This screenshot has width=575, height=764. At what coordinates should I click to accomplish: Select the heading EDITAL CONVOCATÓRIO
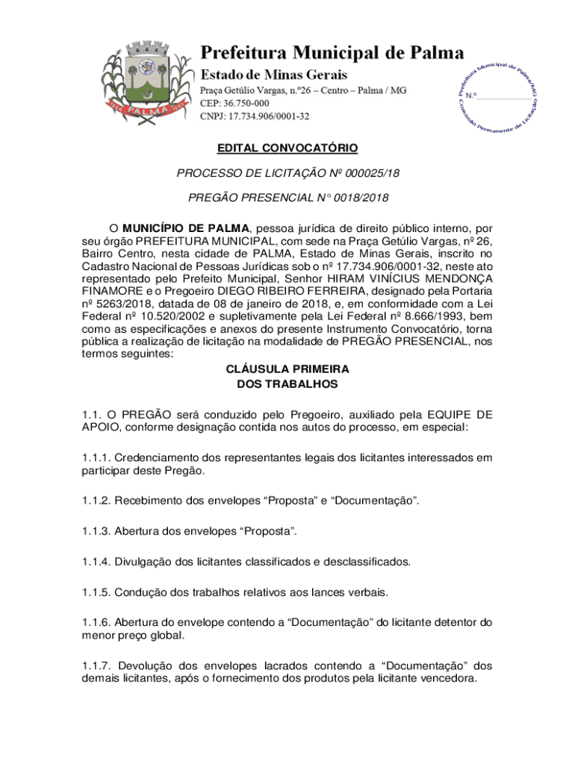[x=287, y=148]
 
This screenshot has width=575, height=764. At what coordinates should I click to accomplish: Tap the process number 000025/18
[x=366, y=173]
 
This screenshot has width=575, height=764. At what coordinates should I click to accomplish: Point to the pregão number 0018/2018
[x=362, y=198]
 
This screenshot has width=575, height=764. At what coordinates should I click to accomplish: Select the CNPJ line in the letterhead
[x=255, y=116]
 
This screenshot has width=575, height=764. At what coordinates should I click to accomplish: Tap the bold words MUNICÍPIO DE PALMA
[x=186, y=228]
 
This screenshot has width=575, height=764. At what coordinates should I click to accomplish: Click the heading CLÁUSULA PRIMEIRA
[x=287, y=369]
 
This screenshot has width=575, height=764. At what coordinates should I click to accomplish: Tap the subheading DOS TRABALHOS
[x=287, y=384]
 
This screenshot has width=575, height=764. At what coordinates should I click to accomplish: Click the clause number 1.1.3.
[x=96, y=531]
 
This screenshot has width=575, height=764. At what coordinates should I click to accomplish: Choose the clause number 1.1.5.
[x=96, y=592]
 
